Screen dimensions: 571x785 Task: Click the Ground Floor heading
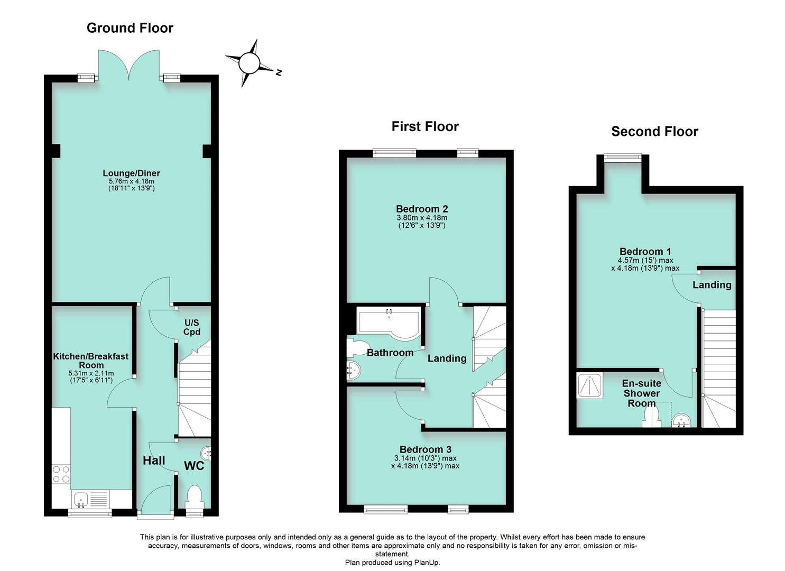[130, 28]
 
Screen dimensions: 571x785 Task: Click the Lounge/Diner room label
[131, 173]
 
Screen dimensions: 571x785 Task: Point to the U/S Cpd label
[192, 327]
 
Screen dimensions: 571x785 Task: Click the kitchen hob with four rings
[61, 474]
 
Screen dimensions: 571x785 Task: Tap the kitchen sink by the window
[81, 498]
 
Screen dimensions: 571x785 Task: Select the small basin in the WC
[206, 453]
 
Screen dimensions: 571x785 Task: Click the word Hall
[154, 461]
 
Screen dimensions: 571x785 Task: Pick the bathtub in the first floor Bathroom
[389, 322]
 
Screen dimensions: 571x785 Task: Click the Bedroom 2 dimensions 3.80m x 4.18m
[422, 217]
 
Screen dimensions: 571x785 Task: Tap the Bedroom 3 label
[425, 449]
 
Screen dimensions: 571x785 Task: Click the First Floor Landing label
[447, 358]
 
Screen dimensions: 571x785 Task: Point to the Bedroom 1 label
[645, 252]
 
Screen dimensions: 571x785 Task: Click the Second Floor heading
[654, 132]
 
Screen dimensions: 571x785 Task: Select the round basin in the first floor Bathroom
[353, 371]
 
